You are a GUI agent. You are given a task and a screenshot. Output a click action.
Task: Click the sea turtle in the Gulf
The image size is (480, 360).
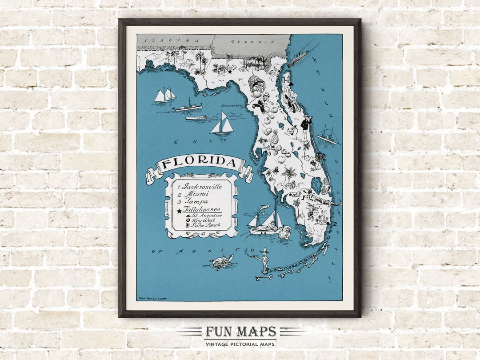pos(221,262)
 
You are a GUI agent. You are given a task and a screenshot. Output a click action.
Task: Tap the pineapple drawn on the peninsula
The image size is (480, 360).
pos(275,138)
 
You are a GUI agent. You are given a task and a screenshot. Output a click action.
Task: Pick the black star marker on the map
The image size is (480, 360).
pos(230,70)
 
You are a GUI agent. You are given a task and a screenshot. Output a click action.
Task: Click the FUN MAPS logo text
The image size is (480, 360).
pos(240,332)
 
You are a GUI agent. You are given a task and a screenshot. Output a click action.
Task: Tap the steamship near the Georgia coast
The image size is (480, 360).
pos(298,58)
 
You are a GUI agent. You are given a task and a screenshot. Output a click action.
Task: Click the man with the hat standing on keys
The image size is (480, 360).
pos(265,260)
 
